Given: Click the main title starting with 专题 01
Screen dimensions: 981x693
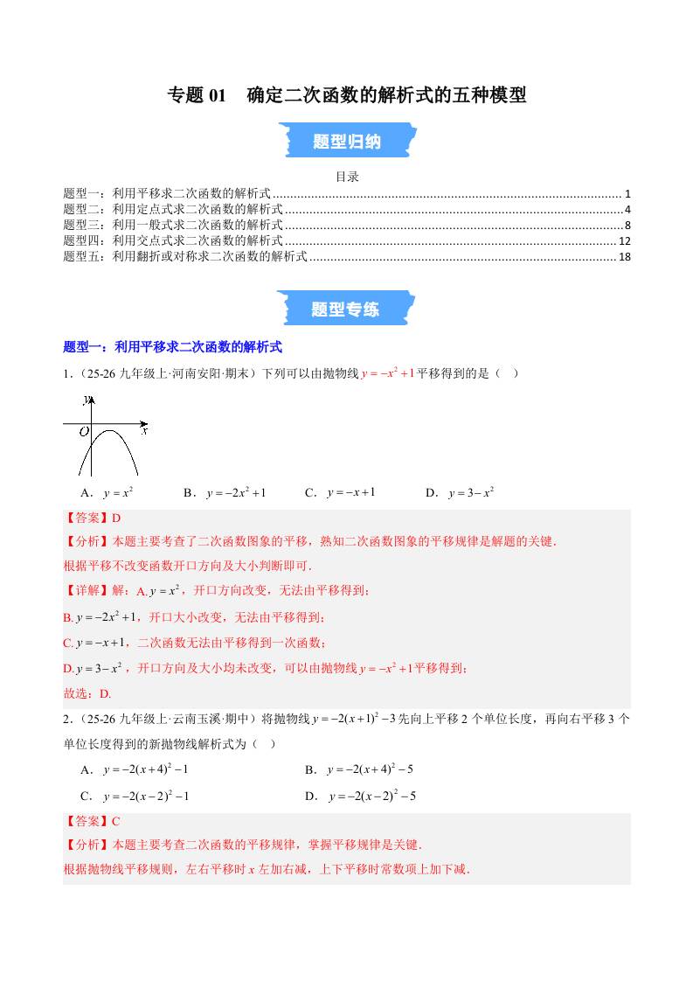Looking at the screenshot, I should pyautogui.click(x=346, y=95).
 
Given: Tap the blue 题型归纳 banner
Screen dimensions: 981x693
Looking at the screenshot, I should pyautogui.click(x=346, y=141).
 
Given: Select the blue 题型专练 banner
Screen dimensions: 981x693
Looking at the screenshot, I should pyautogui.click(x=346, y=309).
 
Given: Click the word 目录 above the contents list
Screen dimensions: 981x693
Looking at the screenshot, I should pyautogui.click(x=347, y=177).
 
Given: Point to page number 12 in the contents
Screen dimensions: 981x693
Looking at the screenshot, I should pyautogui.click(x=624, y=240).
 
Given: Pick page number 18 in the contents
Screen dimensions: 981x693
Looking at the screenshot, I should pyautogui.click(x=624, y=256).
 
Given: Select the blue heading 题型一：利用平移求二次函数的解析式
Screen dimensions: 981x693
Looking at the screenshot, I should pyautogui.click(x=173, y=347).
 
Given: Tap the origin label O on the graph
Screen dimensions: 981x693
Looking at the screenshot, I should pyautogui.click(x=84, y=431).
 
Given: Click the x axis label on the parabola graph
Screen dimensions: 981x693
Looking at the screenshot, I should pyautogui.click(x=144, y=431).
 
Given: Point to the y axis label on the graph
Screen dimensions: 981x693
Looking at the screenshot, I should pyautogui.click(x=85, y=400).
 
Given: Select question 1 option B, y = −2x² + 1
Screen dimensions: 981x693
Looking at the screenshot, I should pyautogui.click(x=225, y=492).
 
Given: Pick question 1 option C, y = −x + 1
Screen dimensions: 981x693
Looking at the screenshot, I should pyautogui.click(x=340, y=492).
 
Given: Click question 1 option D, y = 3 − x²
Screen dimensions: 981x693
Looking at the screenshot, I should pyautogui.click(x=461, y=492).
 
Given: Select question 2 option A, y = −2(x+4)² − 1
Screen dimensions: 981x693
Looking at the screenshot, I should pyautogui.click(x=135, y=769).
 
